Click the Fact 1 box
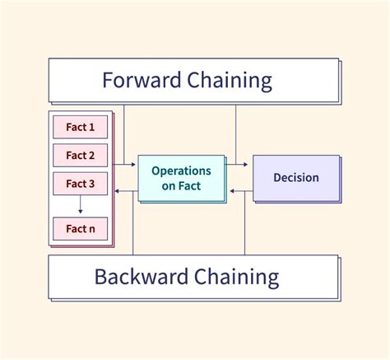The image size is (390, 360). pyautogui.click(x=80, y=128)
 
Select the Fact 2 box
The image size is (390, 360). pyautogui.click(x=80, y=155)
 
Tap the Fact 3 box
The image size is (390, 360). pyautogui.click(x=80, y=183)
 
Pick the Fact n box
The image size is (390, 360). pyautogui.click(x=80, y=227)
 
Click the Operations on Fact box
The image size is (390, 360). pyautogui.click(x=181, y=178)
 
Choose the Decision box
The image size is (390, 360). pyautogui.click(x=295, y=177)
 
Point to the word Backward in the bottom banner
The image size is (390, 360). pyautogui.click(x=139, y=275)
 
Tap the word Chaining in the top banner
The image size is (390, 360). pyautogui.click(x=234, y=80)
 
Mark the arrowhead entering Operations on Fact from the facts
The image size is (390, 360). pyautogui.click(x=134, y=165)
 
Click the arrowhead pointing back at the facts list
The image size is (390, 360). pyautogui.click(x=116, y=191)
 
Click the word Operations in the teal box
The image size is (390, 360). pyautogui.click(x=181, y=171)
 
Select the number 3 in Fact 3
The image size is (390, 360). pyautogui.click(x=92, y=183)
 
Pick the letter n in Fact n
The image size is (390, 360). pyautogui.click(x=92, y=227)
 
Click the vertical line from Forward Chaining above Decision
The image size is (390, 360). pyautogui.click(x=236, y=132)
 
